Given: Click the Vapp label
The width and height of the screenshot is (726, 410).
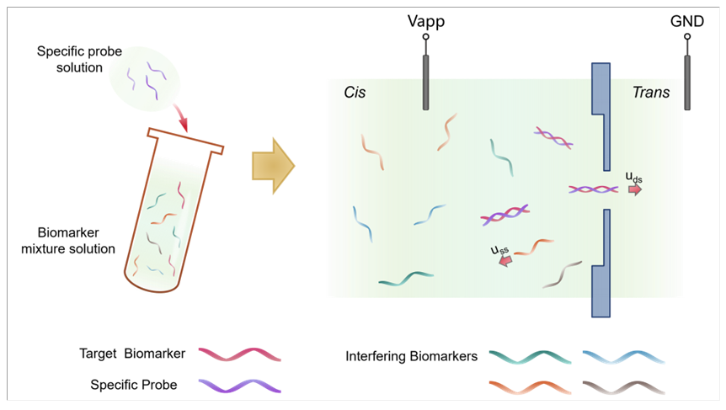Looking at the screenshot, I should click(426, 20).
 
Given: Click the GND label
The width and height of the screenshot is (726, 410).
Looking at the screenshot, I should click(687, 20).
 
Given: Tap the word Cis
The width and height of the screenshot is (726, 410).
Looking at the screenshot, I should click(355, 91).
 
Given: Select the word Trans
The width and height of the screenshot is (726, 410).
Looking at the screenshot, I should click(651, 92).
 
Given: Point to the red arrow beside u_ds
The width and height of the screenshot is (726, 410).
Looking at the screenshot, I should click(634, 189).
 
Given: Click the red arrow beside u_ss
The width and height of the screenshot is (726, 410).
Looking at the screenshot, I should click(505, 262).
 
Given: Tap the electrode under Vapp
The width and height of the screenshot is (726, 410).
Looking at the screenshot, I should click(426, 83).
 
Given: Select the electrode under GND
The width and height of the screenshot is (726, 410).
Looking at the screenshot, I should click(687, 83).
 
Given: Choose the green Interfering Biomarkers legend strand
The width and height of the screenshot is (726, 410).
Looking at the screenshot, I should click(526, 356).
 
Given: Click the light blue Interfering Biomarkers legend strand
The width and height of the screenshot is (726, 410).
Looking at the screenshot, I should click(623, 356).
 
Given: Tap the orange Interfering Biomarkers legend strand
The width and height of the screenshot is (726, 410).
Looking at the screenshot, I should click(526, 386).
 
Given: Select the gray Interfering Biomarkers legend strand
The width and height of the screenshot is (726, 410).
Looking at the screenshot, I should click(623, 386).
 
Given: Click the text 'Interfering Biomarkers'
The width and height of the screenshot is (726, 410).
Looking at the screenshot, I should click(411, 356).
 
